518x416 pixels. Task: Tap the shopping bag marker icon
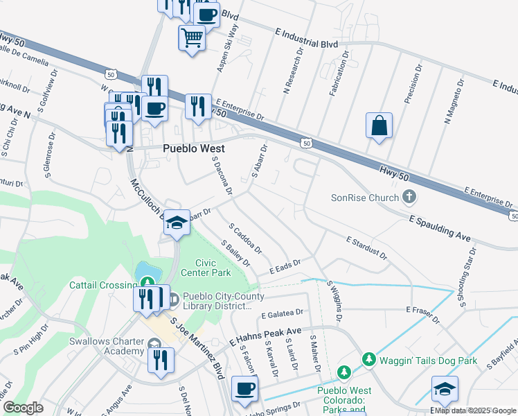tap(379, 126)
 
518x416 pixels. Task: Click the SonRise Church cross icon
tap(409, 197)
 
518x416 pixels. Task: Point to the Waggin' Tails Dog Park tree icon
tap(369, 360)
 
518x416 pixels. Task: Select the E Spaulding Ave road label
tap(439, 228)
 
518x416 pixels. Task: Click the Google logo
tap(23, 408)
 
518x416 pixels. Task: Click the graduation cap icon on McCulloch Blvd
tap(177, 222)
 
